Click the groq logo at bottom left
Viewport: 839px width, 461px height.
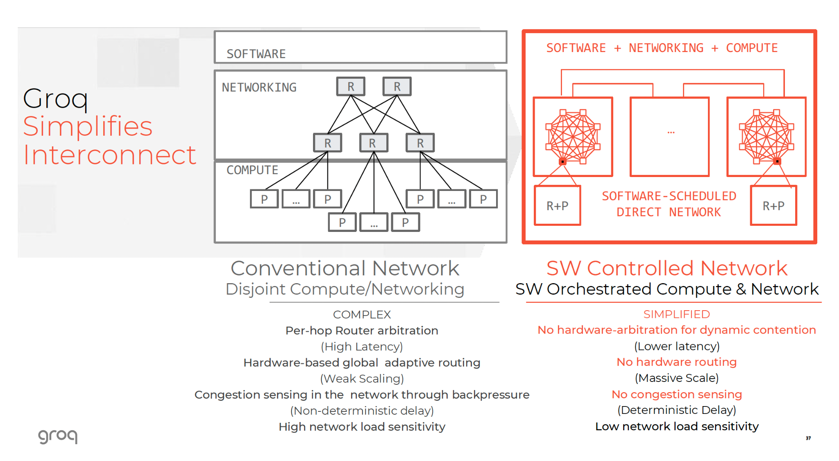click(x=57, y=436)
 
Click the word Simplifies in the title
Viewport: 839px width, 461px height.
click(x=87, y=126)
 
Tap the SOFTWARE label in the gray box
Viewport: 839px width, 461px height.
click(x=256, y=54)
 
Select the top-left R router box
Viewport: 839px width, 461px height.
click(x=351, y=86)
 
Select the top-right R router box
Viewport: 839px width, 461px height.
click(x=397, y=86)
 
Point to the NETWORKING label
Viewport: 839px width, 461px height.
click(x=259, y=87)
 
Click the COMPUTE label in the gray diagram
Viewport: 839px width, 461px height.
click(x=252, y=170)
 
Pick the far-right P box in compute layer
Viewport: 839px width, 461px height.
click(x=483, y=199)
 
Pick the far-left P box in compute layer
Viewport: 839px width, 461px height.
click(x=264, y=199)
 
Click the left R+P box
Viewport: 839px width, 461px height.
click(x=558, y=206)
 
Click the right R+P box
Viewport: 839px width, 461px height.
click(x=773, y=206)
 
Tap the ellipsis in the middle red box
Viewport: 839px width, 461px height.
click(x=671, y=132)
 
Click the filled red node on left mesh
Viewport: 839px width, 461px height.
click(x=563, y=162)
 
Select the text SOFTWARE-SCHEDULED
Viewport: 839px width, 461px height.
click(x=669, y=196)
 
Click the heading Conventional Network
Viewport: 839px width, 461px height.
click(x=345, y=268)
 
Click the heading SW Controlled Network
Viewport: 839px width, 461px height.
click(x=667, y=268)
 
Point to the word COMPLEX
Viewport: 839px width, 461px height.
click(x=362, y=315)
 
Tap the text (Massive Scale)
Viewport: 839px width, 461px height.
click(x=677, y=378)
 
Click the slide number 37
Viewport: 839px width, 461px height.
click(x=808, y=438)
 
